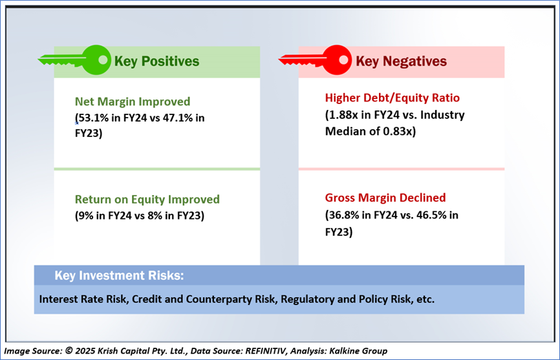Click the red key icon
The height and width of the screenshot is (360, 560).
[316, 60]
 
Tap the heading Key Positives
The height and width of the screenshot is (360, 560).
[156, 61]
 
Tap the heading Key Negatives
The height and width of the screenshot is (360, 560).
[401, 61]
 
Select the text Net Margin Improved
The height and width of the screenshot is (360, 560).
[133, 101]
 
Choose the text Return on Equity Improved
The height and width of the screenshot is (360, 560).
[147, 199]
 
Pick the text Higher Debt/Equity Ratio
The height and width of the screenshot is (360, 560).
[392, 98]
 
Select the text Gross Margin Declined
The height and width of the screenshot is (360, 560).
[385, 198]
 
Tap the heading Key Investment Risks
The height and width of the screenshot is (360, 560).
[119, 276]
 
